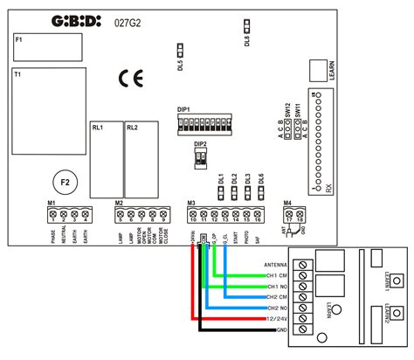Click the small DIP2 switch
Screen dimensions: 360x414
point(201,157)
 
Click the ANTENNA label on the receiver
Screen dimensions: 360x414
point(277,264)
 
